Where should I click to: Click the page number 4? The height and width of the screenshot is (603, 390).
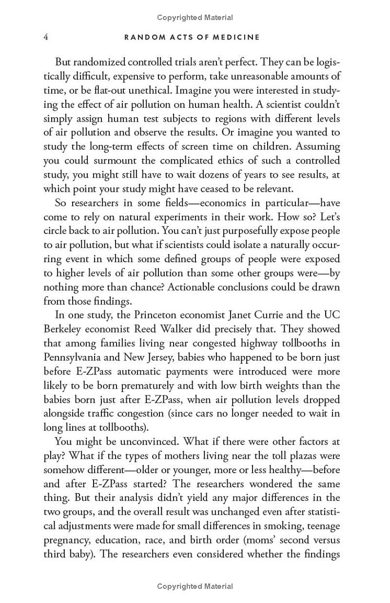[46, 37]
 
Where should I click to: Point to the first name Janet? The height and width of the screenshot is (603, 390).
[220, 315]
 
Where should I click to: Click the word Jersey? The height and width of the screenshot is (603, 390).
[171, 357]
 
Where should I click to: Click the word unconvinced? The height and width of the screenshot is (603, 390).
[147, 442]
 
